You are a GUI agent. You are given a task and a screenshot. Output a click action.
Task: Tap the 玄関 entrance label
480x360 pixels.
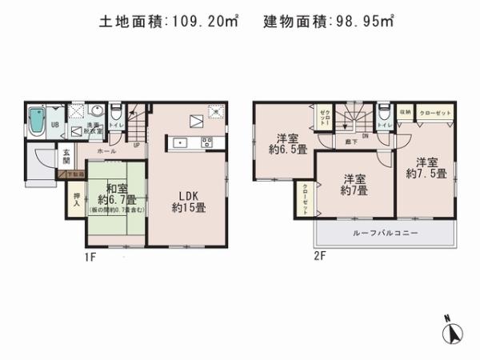coord(66,158)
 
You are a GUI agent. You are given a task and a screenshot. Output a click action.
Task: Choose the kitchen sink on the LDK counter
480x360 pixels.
coord(178,143)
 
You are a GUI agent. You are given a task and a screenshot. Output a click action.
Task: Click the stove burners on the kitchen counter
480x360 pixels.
coord(207,143)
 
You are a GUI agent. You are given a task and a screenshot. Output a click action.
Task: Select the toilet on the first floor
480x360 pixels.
coord(115,111)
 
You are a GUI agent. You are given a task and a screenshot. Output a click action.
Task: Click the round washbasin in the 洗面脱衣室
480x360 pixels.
coord(97,112)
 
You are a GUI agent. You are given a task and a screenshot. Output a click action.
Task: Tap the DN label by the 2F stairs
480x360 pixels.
coord(365,135)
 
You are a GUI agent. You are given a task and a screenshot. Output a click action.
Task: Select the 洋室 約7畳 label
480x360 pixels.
coord(354,185)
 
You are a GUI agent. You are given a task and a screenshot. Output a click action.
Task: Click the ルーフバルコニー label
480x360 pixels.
coord(387,233)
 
